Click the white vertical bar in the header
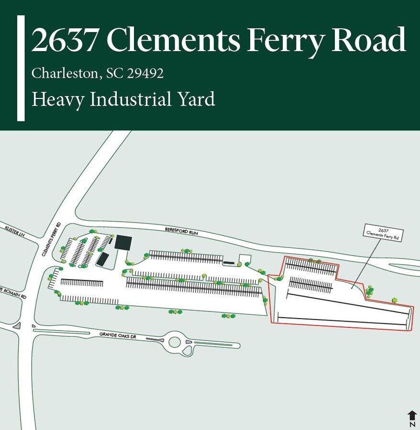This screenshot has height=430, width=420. coord(21,68)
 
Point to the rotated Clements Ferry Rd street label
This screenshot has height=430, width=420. coord(51,239)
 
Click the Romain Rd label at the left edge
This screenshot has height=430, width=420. coord(13,293)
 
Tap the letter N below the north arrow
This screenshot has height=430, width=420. coord(412,424)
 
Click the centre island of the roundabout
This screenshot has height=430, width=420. coord(175,342)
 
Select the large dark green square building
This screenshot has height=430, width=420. coord(123,242)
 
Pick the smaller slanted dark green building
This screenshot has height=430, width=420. coord(102,259)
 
